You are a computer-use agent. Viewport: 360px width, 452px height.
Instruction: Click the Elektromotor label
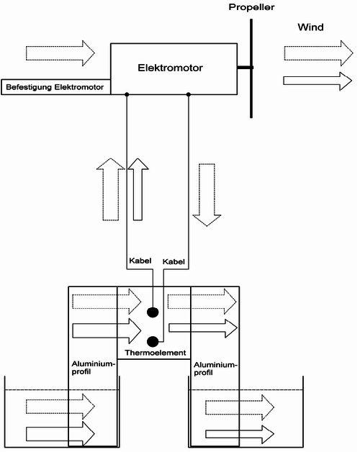tap(170, 68)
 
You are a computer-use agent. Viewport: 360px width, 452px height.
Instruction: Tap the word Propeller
tap(251, 7)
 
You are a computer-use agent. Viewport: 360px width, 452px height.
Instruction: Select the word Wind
tap(310, 27)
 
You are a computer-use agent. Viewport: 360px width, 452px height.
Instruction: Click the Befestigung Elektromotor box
tap(56, 87)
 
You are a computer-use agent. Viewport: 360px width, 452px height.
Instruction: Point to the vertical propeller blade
tap(251, 68)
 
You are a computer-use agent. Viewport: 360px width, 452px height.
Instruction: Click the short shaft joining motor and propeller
tap(245, 68)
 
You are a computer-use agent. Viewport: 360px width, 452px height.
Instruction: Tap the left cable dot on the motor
tap(127, 94)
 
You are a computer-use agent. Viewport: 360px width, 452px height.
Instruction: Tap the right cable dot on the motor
tap(189, 94)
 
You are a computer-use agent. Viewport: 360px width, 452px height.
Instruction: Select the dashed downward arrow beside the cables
tap(207, 195)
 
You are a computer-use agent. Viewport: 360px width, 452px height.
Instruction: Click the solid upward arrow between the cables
tap(138, 189)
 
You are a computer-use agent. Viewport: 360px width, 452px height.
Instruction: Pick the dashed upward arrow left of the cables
tap(110, 189)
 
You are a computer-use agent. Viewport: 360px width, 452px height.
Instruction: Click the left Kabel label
tap(140, 261)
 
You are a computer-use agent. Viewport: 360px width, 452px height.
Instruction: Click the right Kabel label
tap(174, 261)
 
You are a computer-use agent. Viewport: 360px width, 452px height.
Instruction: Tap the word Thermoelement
tap(156, 353)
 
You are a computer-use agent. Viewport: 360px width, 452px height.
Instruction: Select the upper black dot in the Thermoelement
tap(153, 312)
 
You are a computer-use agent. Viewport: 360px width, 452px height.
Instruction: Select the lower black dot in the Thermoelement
tap(153, 342)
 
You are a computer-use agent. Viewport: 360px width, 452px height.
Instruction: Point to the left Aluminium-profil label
tap(93, 368)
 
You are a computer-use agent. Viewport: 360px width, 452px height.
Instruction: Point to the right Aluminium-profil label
tap(215, 369)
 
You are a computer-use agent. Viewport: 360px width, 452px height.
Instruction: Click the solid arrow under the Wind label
tap(318, 81)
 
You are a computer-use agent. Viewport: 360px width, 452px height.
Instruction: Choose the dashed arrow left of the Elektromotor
tap(60, 53)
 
